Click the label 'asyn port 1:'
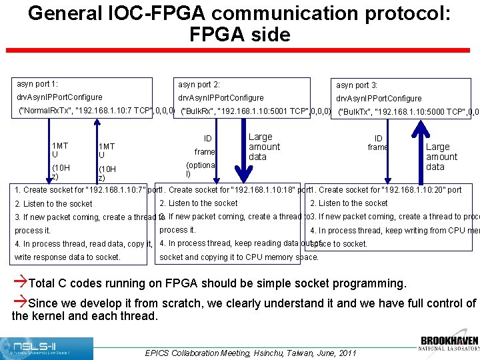point(37,84)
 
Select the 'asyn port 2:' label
point(199,85)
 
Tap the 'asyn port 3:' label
point(357,85)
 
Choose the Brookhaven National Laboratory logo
point(449,343)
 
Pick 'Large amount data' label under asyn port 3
point(441,157)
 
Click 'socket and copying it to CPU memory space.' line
point(239,257)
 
